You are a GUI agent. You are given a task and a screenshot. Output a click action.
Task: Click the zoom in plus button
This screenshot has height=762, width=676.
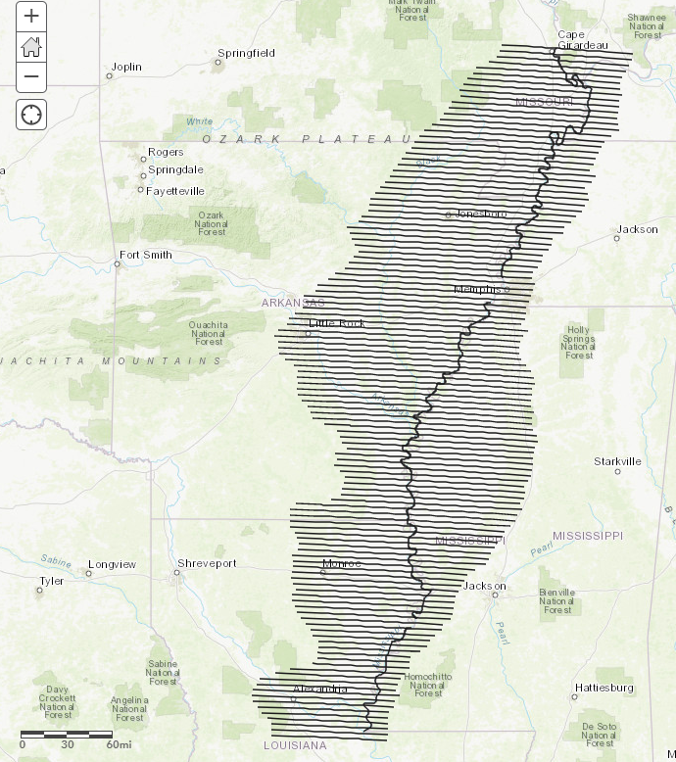click(x=31, y=16)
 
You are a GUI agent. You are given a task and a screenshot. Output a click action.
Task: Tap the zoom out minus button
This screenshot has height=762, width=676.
click(x=31, y=76)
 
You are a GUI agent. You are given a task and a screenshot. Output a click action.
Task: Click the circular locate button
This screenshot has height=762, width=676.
click(x=31, y=115)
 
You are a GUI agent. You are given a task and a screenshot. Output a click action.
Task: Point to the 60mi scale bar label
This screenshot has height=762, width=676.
click(x=119, y=744)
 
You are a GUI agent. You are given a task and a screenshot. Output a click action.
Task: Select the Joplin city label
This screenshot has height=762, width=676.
click(x=126, y=68)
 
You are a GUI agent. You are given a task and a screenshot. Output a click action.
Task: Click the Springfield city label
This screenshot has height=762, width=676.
click(x=246, y=53)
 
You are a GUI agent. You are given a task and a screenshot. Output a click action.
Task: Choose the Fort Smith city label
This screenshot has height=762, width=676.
click(x=145, y=255)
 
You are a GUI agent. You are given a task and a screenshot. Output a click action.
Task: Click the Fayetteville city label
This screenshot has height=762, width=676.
click(x=175, y=191)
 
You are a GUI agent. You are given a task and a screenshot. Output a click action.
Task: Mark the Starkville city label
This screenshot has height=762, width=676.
click(x=617, y=461)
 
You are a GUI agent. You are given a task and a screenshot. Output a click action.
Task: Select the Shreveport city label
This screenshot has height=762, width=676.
click(x=207, y=564)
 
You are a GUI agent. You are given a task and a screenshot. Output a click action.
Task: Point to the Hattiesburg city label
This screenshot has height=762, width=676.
click(x=604, y=688)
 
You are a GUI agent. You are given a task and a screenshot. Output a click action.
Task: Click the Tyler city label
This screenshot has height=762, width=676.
click(x=50, y=581)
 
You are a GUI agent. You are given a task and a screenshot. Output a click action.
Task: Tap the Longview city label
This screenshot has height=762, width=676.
click(x=112, y=565)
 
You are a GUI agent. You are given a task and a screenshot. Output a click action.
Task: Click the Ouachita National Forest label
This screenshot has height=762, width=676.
click(x=209, y=333)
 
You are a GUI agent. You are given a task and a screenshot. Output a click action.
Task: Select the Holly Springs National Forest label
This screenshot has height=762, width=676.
click(x=578, y=343)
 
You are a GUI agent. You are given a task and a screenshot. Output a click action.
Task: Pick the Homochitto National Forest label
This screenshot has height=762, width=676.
click(x=428, y=685)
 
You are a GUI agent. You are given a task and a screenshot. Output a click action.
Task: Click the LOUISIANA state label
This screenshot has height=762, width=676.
click(x=295, y=745)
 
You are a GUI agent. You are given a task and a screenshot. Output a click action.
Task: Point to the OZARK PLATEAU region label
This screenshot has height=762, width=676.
click(x=308, y=140)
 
